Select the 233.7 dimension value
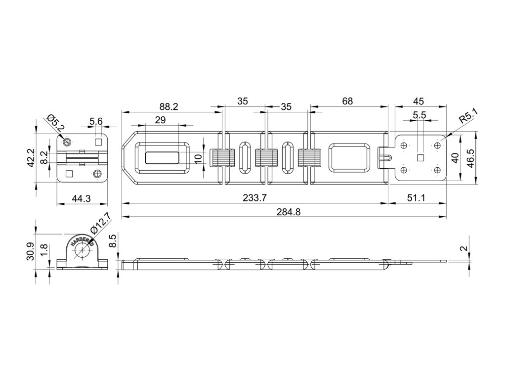coord(255,198)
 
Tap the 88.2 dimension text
coord(169,106)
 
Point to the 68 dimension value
coord(347,101)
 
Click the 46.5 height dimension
coord(472,158)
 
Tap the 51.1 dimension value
coord(417,198)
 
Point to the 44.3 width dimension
coord(82,199)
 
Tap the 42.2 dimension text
coord(30,157)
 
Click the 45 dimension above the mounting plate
coord(418,101)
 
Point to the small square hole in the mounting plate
coord(421,158)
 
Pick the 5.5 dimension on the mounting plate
coord(419,115)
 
